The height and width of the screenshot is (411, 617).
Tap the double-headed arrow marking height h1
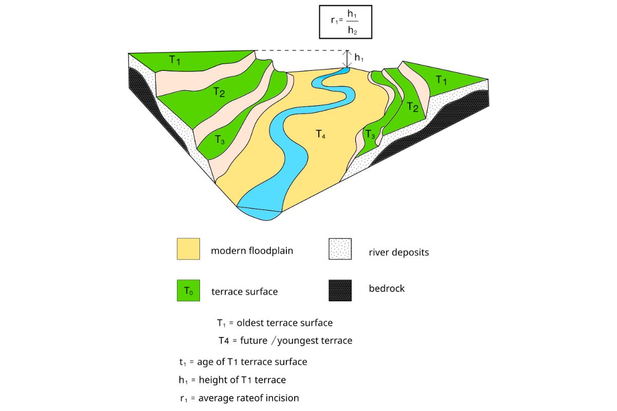[x=348, y=59]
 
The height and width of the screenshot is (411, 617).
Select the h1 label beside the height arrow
[x=359, y=58]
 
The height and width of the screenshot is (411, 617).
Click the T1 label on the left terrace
[x=175, y=61]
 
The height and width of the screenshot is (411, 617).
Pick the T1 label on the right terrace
[x=442, y=80]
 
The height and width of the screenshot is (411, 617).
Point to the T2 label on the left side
[x=219, y=92]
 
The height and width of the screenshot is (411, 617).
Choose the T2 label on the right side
[x=412, y=107]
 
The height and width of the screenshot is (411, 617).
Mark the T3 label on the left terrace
[x=220, y=139]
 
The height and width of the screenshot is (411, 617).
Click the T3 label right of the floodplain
[x=370, y=134]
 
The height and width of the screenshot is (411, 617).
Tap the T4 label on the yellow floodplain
[x=320, y=135]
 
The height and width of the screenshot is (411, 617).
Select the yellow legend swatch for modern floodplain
[x=188, y=249]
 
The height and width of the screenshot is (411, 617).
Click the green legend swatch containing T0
[x=188, y=290]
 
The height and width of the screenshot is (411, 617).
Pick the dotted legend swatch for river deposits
[x=340, y=249]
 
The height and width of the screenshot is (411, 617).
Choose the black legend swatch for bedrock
[x=340, y=290]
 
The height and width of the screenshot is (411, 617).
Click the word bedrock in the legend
[x=387, y=289]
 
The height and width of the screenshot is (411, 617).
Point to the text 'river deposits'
[x=398, y=252]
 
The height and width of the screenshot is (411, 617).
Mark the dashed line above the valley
[x=301, y=50]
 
